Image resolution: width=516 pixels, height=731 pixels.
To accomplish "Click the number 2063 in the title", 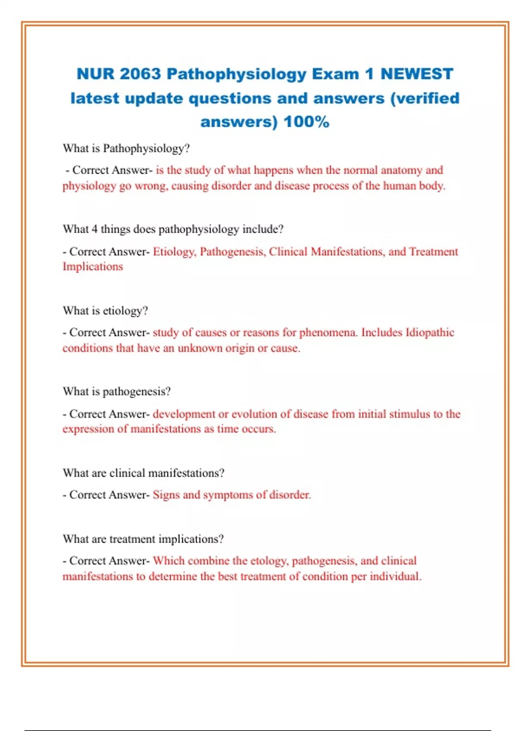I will click(x=140, y=74).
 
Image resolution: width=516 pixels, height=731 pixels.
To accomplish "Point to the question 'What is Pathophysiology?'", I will click(x=126, y=148).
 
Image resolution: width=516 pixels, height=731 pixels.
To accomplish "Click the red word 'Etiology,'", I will click(x=174, y=252).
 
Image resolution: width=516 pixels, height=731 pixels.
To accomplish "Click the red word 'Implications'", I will click(x=93, y=267).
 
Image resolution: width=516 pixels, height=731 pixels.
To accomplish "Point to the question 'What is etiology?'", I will click(x=105, y=310).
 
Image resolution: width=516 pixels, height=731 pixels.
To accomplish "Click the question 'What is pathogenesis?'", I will click(x=117, y=391).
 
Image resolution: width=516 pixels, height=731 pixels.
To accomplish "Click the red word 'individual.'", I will click(x=396, y=576).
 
